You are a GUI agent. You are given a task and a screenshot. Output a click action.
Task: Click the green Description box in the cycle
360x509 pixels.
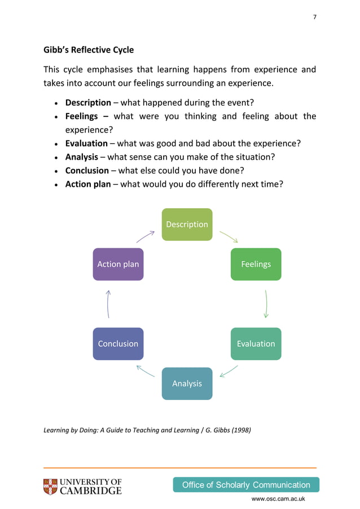click(187, 224)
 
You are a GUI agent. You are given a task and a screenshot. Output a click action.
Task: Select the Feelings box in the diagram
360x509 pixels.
click(256, 264)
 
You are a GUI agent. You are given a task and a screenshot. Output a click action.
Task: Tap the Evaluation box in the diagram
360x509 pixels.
click(256, 344)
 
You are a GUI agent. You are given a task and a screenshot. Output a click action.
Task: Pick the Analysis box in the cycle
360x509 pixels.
click(187, 384)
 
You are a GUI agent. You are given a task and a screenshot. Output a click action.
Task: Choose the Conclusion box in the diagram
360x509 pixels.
click(118, 344)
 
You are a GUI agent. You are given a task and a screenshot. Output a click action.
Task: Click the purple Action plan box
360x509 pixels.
click(118, 264)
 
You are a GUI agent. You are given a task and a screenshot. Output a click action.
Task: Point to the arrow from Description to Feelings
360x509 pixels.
click(229, 236)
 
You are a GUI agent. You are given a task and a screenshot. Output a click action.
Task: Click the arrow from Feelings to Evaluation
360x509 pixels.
click(266, 304)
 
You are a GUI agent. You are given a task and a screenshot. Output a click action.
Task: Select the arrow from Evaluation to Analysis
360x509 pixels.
click(229, 371)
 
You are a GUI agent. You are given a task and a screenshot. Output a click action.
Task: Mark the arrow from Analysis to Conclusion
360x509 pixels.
click(146, 371)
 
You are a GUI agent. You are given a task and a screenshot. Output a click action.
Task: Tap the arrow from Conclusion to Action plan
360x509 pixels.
click(108, 304)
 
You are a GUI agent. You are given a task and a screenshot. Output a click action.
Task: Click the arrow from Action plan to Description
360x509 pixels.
click(146, 236)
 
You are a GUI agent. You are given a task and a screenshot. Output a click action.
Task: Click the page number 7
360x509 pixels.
click(315, 17)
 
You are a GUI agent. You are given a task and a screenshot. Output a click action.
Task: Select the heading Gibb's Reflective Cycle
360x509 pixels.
click(89, 50)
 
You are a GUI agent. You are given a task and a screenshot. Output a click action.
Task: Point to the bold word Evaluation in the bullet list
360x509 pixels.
click(86, 143)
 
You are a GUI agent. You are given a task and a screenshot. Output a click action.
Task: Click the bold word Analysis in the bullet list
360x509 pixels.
click(82, 157)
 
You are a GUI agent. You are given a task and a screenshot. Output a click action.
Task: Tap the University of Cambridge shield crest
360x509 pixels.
click(50, 487)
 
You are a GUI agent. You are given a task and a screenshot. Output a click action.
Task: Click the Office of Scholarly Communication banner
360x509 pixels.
click(246, 485)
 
